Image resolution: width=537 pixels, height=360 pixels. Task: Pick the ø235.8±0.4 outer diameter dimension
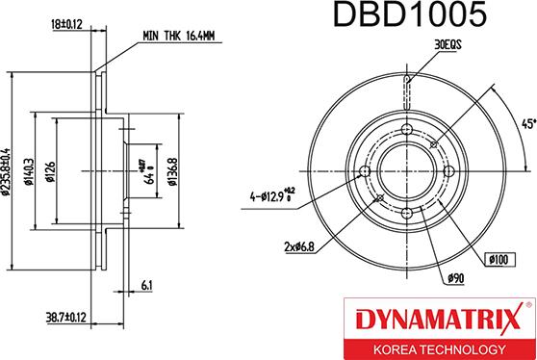click(x=10, y=170)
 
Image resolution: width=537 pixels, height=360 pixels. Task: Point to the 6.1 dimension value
click(x=144, y=286)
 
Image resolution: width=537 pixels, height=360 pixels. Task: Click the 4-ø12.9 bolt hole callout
click(x=267, y=198)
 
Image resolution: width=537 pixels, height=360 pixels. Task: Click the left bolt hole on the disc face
click(x=363, y=173)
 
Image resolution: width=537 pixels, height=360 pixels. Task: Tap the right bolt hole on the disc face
click(x=452, y=173)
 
